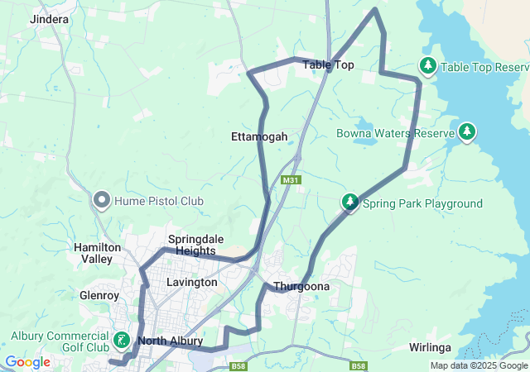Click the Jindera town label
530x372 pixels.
click(x=49, y=18)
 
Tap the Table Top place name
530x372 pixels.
click(x=328, y=64)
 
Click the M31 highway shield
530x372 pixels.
click(x=289, y=180)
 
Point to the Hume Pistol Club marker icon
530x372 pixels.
click(x=102, y=201)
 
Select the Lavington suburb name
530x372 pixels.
click(x=191, y=282)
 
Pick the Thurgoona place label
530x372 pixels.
click(x=302, y=287)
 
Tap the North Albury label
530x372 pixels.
click(x=170, y=341)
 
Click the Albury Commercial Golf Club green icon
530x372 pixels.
click(x=122, y=340)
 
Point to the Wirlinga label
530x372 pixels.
click(x=430, y=348)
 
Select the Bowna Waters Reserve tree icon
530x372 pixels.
click(x=467, y=132)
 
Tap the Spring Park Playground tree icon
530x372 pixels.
click(x=350, y=203)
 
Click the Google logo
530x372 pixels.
click(x=26, y=362)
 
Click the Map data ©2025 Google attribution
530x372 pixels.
click(x=479, y=365)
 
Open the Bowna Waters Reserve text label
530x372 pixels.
click(x=396, y=133)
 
